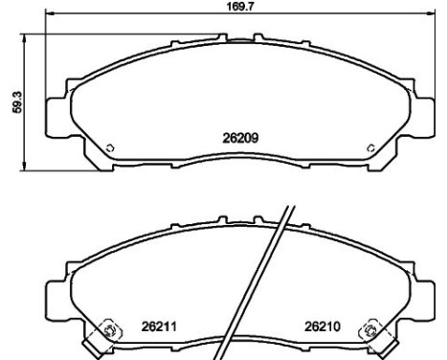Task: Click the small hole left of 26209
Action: pos(110,147)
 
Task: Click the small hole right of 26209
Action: pos(371,147)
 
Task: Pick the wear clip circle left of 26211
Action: pos(107,332)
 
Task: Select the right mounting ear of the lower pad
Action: pos(426,291)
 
